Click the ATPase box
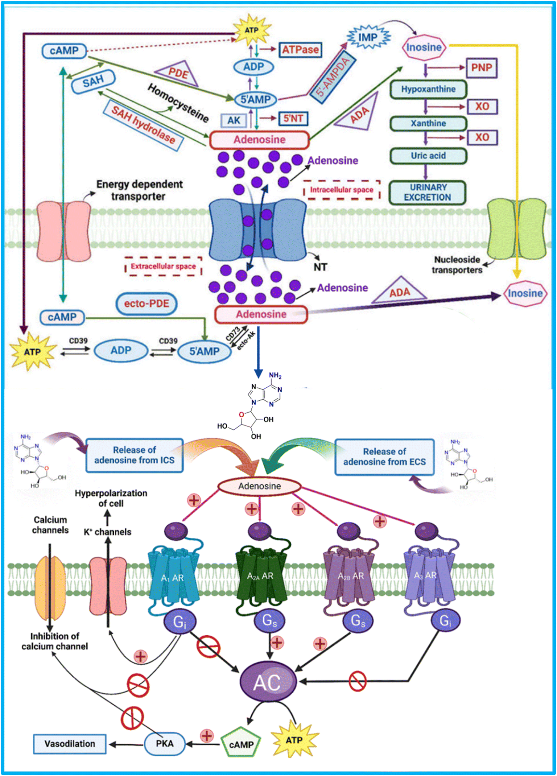coord(300,50)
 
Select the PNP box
coord(482,67)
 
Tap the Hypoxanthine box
coord(428,89)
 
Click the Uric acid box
coord(428,156)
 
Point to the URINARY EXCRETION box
coord(428,193)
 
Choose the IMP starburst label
coord(368,37)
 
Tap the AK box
coord(234,120)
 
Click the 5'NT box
coord(293,118)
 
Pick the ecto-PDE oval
coord(147,304)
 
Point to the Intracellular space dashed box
coord(342,190)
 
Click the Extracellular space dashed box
coord(163,266)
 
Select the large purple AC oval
coord(268,682)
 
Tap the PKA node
coord(165,744)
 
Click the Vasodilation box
coord(70,744)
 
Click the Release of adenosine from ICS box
coord(135,455)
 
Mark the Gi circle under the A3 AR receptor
coord(446,621)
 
